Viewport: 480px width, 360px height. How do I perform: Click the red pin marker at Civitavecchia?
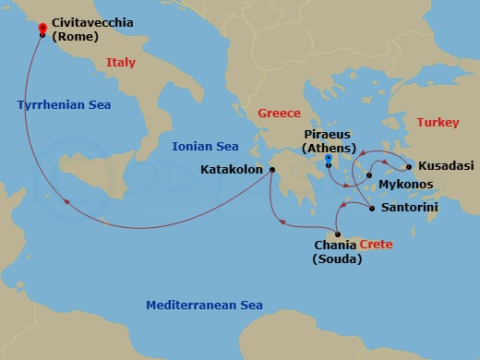[x=42, y=30]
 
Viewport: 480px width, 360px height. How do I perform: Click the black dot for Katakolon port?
[x=272, y=170]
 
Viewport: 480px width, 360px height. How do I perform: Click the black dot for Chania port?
[x=340, y=234]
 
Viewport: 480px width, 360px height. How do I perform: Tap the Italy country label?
[x=121, y=63]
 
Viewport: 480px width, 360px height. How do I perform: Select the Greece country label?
[x=279, y=113]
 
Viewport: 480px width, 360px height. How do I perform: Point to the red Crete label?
[x=375, y=246]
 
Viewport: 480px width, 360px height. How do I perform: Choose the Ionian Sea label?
[x=205, y=147]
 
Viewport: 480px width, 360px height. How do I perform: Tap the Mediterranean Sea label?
[x=204, y=306]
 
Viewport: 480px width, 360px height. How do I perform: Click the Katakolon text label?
[x=232, y=170]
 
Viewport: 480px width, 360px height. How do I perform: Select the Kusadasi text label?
[x=446, y=166]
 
